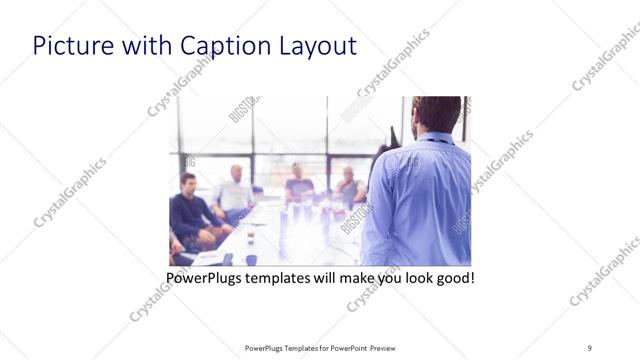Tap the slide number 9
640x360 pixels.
click(x=590, y=347)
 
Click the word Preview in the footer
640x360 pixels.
click(x=389, y=347)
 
